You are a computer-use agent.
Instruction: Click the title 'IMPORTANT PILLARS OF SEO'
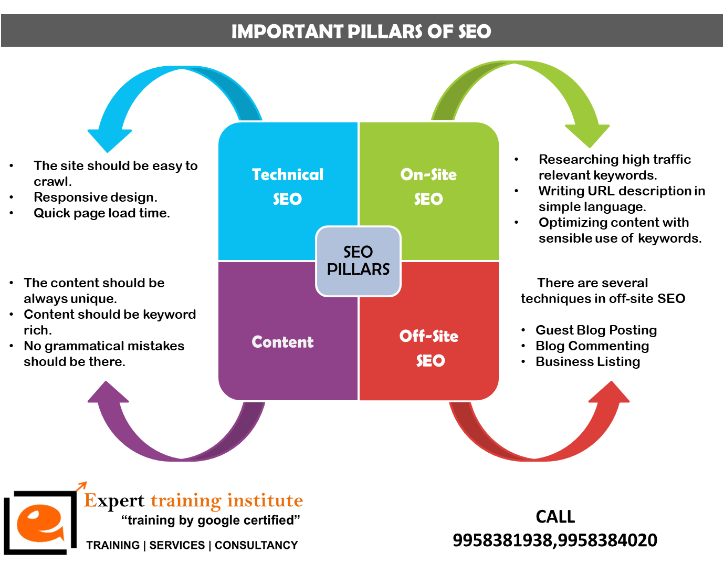[x=361, y=32]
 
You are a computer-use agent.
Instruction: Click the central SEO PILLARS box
[x=358, y=261]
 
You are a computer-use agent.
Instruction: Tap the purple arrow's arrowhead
[x=108, y=393]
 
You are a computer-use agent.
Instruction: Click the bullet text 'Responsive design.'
[x=95, y=197]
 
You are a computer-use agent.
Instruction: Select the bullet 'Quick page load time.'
[x=101, y=213]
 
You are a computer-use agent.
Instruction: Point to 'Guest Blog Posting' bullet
[x=596, y=330]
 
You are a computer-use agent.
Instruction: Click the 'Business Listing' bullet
[x=587, y=362]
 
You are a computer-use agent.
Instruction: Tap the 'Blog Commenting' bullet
[x=592, y=346]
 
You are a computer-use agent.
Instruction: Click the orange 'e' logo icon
[x=39, y=523]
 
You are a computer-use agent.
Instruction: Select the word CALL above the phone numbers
[x=555, y=517]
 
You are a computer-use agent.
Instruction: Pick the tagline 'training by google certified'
[x=211, y=520]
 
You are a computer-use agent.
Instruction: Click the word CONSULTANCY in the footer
[x=256, y=546]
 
